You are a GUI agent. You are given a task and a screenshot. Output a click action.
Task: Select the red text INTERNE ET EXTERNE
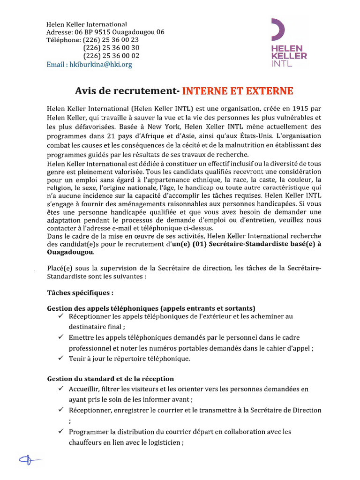coord(238,90)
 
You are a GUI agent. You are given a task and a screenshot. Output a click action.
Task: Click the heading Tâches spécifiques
coord(80,293)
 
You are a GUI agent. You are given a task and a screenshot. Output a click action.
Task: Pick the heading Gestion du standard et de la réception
coord(111,378)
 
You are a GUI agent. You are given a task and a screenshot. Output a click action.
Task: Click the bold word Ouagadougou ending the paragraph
coord(70,252)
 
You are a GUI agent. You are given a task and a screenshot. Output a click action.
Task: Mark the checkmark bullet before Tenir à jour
coord(61,358)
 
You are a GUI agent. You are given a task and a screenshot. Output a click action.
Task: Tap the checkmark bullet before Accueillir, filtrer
coord(61,389)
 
